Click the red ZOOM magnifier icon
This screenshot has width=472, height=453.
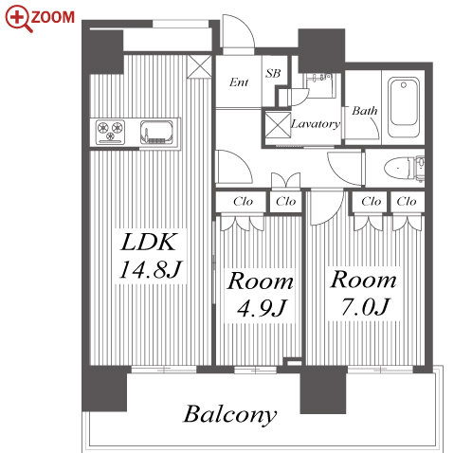point(18,18)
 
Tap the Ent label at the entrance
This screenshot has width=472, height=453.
point(239,82)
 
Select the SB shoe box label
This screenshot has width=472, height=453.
point(273,73)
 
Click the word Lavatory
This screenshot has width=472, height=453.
point(316,124)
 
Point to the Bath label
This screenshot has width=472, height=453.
point(365,111)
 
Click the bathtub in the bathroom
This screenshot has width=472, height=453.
point(404,108)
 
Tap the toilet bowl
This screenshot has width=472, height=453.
point(397,169)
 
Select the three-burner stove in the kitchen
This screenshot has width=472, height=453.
point(110,132)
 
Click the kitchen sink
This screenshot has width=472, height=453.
point(157,132)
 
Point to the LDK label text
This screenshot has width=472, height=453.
point(148,243)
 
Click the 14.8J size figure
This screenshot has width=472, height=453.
point(151,269)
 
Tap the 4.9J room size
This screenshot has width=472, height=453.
point(262,308)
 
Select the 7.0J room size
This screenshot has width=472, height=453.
point(365,307)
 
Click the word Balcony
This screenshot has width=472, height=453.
point(230,415)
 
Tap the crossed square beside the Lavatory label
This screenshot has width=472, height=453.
point(278,125)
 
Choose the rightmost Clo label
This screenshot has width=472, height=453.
point(407,201)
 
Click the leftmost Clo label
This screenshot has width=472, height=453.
point(243,201)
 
